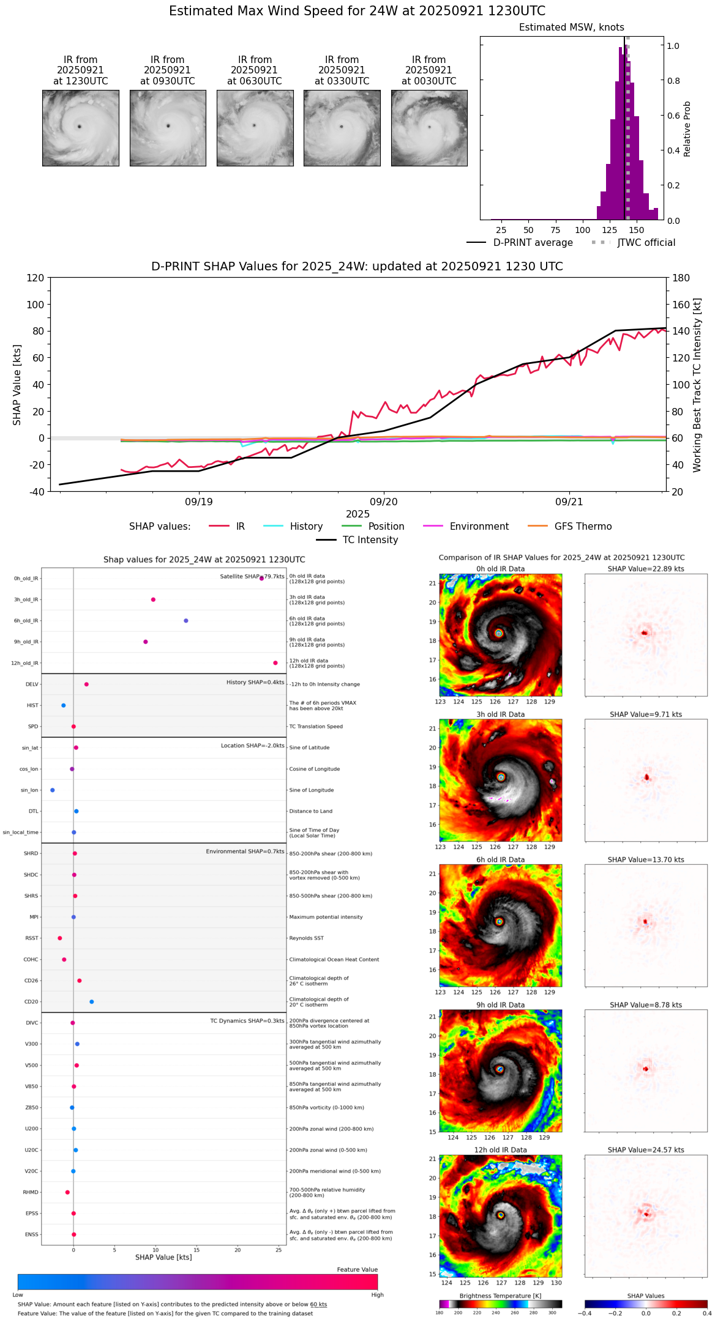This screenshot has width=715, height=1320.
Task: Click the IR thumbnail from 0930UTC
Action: [x=168, y=128]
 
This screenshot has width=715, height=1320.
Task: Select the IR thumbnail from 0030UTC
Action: [x=429, y=128]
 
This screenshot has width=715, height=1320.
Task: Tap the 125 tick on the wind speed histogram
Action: [x=610, y=230]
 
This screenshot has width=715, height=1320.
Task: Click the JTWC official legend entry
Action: [x=646, y=243]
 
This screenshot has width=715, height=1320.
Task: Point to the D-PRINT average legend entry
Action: [x=533, y=243]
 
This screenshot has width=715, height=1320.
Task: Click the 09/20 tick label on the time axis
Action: [x=384, y=502]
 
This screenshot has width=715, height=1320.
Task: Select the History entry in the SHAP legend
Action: [x=306, y=527]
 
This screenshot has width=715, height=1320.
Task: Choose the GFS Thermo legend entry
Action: [x=583, y=527]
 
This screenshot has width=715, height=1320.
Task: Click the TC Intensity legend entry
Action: [x=370, y=540]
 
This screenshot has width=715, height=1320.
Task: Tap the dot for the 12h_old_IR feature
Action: [x=275, y=663]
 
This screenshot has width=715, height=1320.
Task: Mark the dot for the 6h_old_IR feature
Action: [x=186, y=621]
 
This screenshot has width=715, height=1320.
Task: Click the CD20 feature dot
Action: [x=92, y=1002]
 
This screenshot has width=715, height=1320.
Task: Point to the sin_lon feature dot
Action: [x=53, y=790]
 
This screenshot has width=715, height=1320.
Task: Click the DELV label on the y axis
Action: [x=32, y=684]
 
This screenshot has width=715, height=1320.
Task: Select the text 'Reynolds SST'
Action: [x=307, y=938]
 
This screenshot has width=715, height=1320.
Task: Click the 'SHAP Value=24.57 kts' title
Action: [x=646, y=1150]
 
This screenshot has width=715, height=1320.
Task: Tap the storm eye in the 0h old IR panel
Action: [x=499, y=633]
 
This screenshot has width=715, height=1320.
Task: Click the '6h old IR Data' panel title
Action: [x=500, y=859]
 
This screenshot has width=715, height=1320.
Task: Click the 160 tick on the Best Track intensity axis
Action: [x=681, y=305]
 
